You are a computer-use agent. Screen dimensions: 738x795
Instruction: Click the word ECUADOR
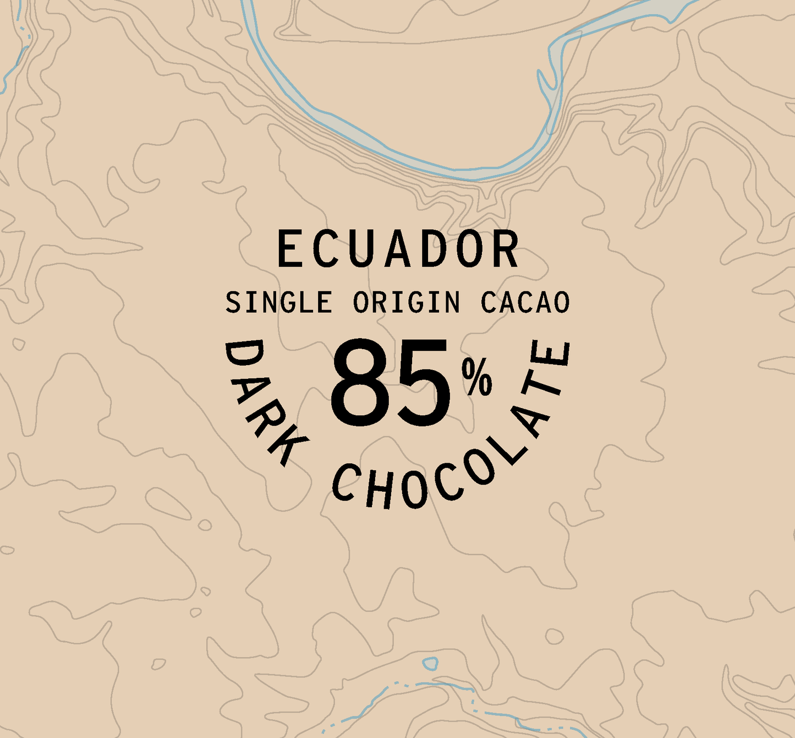click(397, 249)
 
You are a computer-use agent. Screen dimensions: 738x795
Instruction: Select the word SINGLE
click(278, 302)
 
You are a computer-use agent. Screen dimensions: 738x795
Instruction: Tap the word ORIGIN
click(406, 302)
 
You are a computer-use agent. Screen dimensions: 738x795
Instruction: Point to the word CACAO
click(525, 302)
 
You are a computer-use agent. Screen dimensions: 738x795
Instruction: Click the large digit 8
click(359, 383)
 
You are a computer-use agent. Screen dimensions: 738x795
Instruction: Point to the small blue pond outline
click(430, 663)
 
